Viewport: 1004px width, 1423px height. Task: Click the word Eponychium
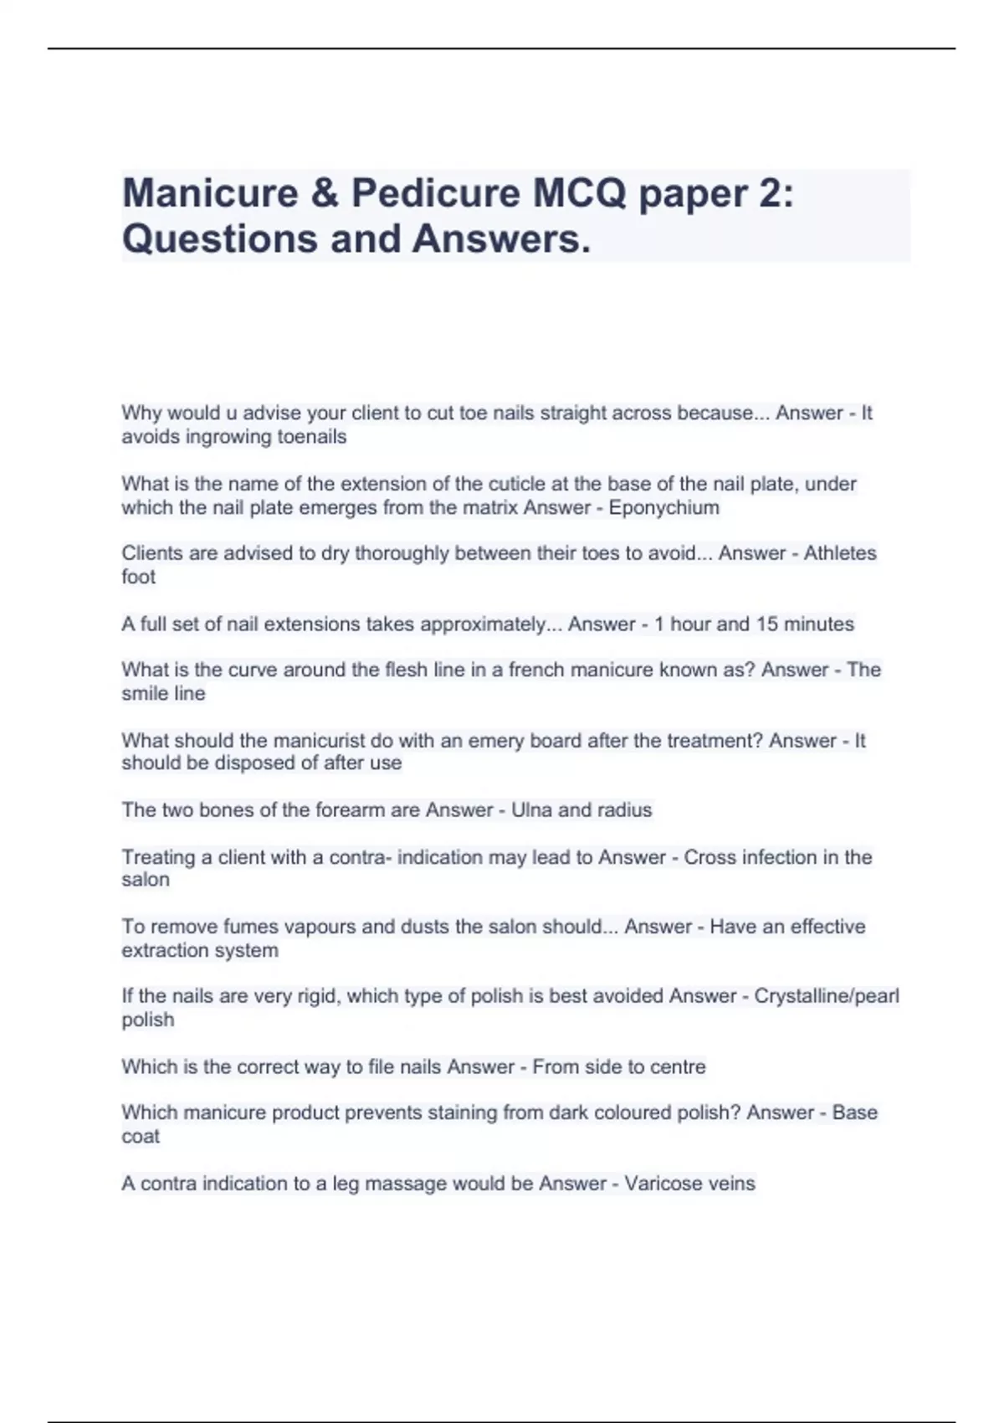point(663,508)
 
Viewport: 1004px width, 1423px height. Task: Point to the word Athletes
point(840,553)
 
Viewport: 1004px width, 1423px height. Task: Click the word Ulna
point(532,810)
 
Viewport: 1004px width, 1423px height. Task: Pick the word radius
point(625,810)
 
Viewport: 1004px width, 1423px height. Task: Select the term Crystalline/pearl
point(827,996)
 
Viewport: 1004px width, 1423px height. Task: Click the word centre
point(676,1067)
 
